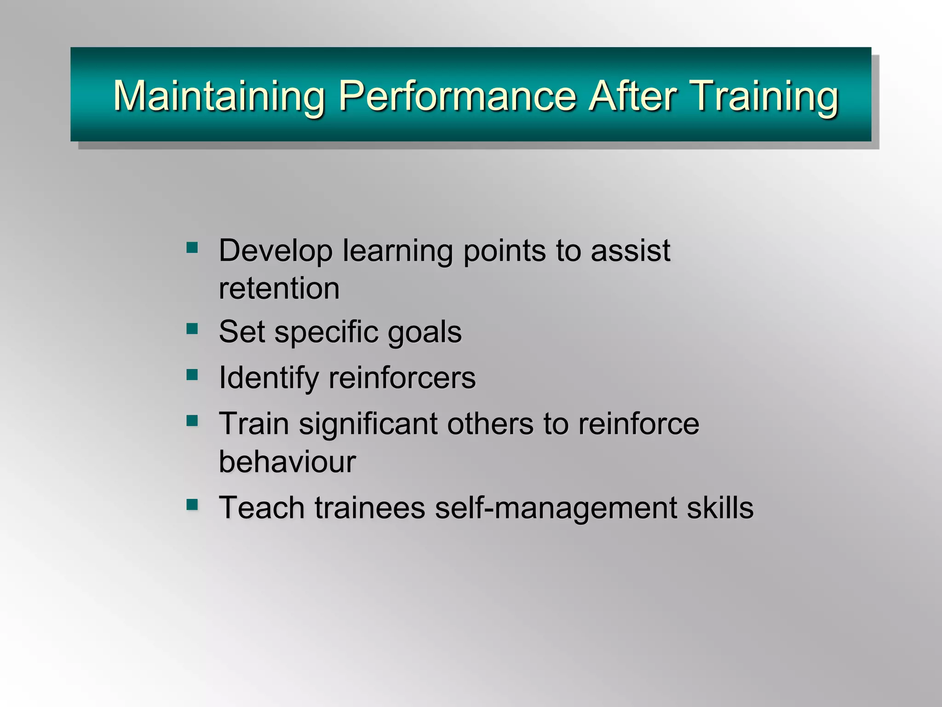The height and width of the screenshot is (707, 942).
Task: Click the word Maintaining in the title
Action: point(219,96)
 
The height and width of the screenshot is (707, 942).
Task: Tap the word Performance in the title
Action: point(457,96)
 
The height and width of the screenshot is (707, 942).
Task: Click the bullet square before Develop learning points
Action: point(192,248)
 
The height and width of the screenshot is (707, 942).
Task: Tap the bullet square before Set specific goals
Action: point(192,329)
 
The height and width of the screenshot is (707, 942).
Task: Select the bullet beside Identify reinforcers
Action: point(192,375)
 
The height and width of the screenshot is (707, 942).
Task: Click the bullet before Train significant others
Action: point(192,420)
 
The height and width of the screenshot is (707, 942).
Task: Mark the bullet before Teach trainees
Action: point(192,505)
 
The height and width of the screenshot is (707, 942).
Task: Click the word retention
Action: point(279,289)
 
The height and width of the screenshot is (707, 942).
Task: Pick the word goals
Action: point(425,332)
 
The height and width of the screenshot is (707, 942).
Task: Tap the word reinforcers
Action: point(402,378)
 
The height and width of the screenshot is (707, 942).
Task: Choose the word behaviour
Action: point(287,461)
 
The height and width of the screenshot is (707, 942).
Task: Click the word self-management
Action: point(556,508)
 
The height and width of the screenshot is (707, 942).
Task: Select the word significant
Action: point(368,424)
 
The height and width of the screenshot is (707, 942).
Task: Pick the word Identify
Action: point(269,378)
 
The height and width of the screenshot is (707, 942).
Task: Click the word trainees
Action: point(370,508)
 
